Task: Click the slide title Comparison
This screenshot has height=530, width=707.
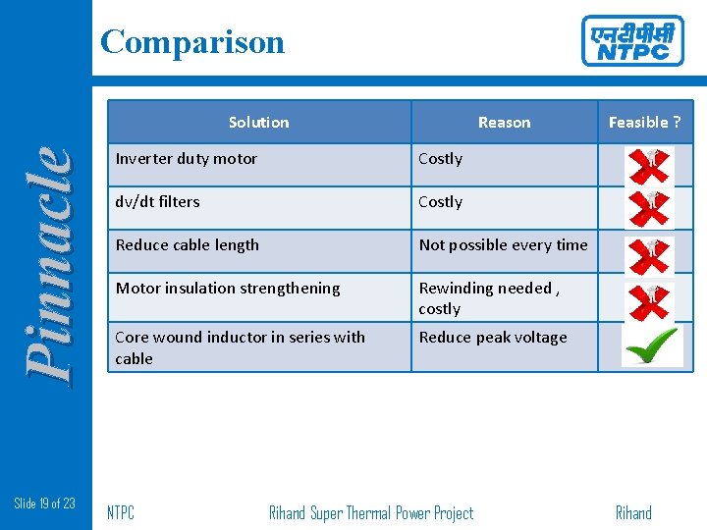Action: pos(192,42)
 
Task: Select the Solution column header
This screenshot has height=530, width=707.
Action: pos(258,123)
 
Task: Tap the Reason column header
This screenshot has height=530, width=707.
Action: pos(504,123)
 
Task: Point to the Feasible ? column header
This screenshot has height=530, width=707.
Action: pos(644,123)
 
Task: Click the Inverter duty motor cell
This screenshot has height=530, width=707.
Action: pos(187,159)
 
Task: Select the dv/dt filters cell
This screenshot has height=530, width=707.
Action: pos(158,202)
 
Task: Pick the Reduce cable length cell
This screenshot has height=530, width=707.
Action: pos(188,245)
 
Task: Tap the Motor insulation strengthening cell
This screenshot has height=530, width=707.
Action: pos(228,289)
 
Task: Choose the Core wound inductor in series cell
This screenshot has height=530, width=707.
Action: pos(240,347)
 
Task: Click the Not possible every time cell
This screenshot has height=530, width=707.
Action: pos(503,245)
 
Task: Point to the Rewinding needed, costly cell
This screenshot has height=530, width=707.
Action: pos(489,298)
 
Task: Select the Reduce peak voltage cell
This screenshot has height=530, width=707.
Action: pos(493,338)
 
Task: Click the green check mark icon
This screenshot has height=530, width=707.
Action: pos(651,345)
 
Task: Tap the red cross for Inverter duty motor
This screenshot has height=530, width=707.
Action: pos(649,165)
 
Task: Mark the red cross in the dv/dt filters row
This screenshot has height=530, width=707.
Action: pos(649,208)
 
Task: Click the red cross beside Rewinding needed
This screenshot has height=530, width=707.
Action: pos(649,301)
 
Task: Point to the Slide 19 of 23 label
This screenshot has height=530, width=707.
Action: pos(45,503)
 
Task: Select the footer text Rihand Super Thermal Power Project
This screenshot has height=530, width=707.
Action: pos(371,512)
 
